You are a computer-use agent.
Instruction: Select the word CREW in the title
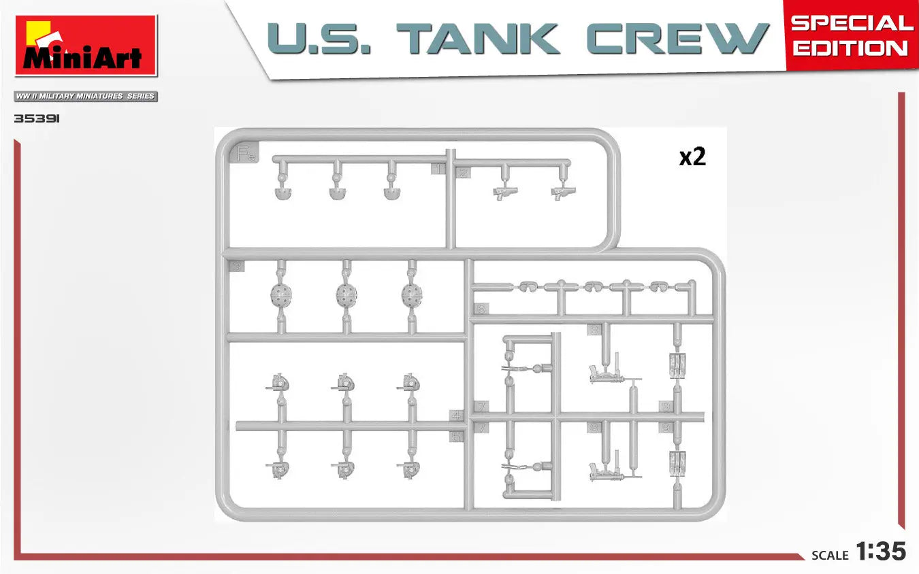[x=677, y=39]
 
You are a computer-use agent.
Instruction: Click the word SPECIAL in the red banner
[x=852, y=23]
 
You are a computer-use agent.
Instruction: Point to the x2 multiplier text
[x=692, y=157]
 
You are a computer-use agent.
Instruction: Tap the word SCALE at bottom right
[x=830, y=556]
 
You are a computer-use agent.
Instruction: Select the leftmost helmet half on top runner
[x=281, y=193]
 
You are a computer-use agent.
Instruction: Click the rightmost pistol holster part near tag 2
[x=560, y=193]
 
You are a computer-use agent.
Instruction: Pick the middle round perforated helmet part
[x=346, y=294]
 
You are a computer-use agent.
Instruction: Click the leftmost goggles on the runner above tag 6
[x=525, y=286]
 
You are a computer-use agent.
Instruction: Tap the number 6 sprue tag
[x=481, y=309]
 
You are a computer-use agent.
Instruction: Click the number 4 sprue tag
[x=455, y=415]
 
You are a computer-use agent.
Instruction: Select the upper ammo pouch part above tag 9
[x=677, y=365]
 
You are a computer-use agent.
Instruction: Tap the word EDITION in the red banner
[x=850, y=49]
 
